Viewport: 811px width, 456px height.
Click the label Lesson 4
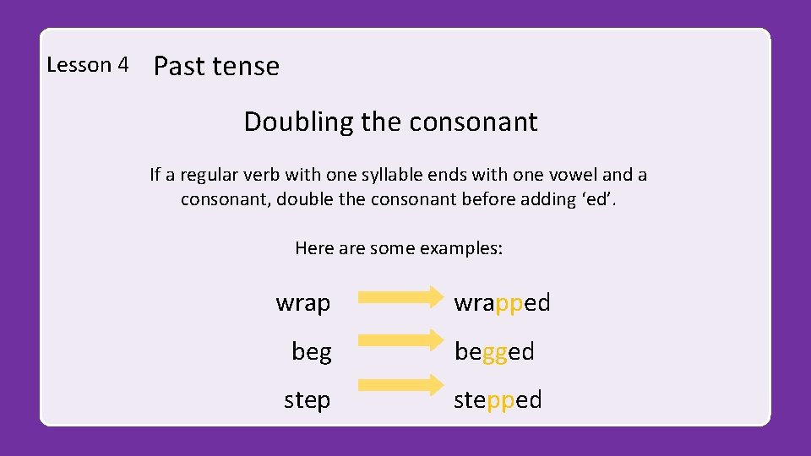[88, 65]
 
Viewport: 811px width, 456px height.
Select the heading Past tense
[216, 66]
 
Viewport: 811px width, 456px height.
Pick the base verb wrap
[303, 302]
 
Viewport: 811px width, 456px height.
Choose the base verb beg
[311, 351]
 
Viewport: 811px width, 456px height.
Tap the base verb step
[307, 399]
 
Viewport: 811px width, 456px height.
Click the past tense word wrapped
[502, 302]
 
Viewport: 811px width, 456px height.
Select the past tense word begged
[494, 351]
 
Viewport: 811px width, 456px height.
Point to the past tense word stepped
[498, 399]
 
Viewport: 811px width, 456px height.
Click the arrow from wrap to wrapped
[400, 297]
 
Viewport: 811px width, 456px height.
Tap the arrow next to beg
[400, 339]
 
